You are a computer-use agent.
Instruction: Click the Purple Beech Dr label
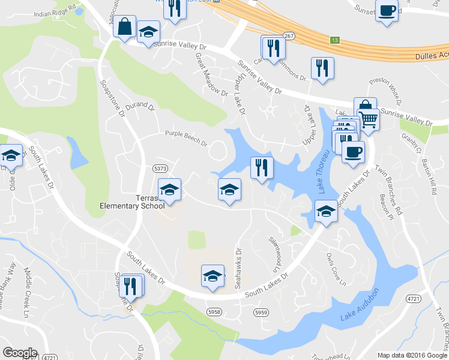point(186,139)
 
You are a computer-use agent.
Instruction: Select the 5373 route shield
point(159,169)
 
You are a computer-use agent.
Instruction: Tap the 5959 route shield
point(261,313)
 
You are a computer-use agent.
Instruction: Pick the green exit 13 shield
point(334,40)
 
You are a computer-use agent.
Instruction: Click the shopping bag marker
point(124,27)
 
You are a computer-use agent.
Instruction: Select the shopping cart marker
point(369,121)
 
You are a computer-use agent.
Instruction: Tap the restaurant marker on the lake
point(261,167)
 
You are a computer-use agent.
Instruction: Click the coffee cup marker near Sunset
point(387,11)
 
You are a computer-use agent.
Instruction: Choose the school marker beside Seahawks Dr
point(212,276)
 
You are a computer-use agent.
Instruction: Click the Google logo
point(20,353)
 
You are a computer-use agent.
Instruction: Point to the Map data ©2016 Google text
point(412,355)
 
